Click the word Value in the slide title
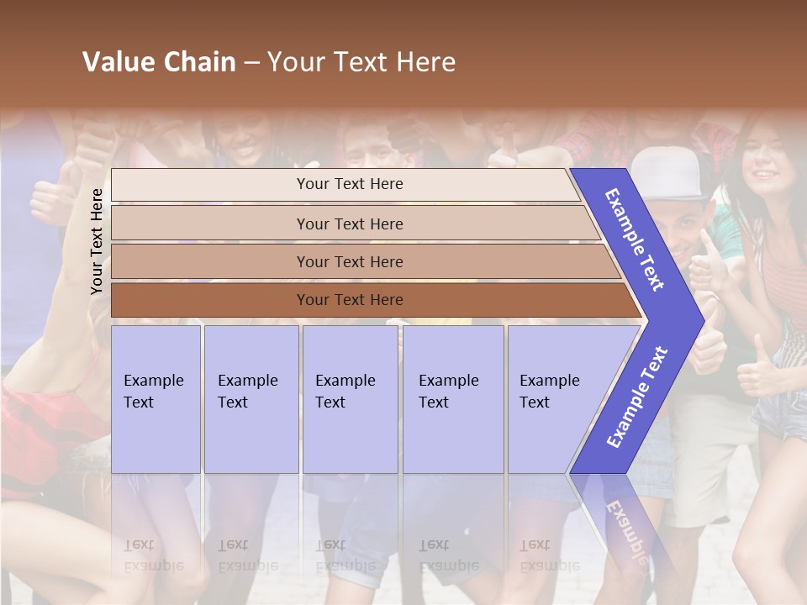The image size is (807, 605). click(x=116, y=62)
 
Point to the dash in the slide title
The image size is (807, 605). click(x=251, y=63)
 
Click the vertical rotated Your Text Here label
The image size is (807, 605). click(x=97, y=242)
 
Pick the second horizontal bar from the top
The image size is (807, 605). click(x=350, y=224)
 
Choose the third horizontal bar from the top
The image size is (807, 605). click(x=350, y=261)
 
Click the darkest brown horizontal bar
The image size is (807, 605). click(x=350, y=300)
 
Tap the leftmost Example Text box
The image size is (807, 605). click(x=156, y=399)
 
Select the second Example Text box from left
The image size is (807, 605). click(x=251, y=399)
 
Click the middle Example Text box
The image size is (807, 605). click(x=350, y=399)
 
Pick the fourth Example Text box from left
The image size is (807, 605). click(x=452, y=399)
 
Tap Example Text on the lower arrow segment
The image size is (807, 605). click(x=637, y=397)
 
